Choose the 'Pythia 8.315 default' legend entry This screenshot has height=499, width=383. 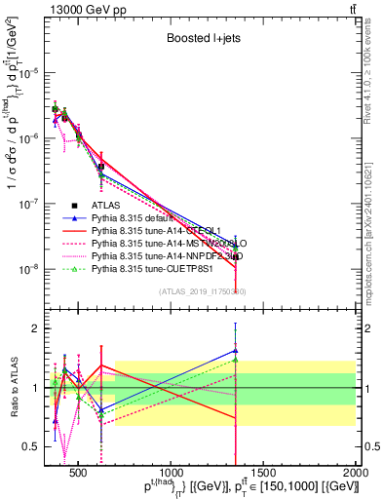tap(137, 219)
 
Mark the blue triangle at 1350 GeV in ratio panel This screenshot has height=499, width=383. tap(235, 351)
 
